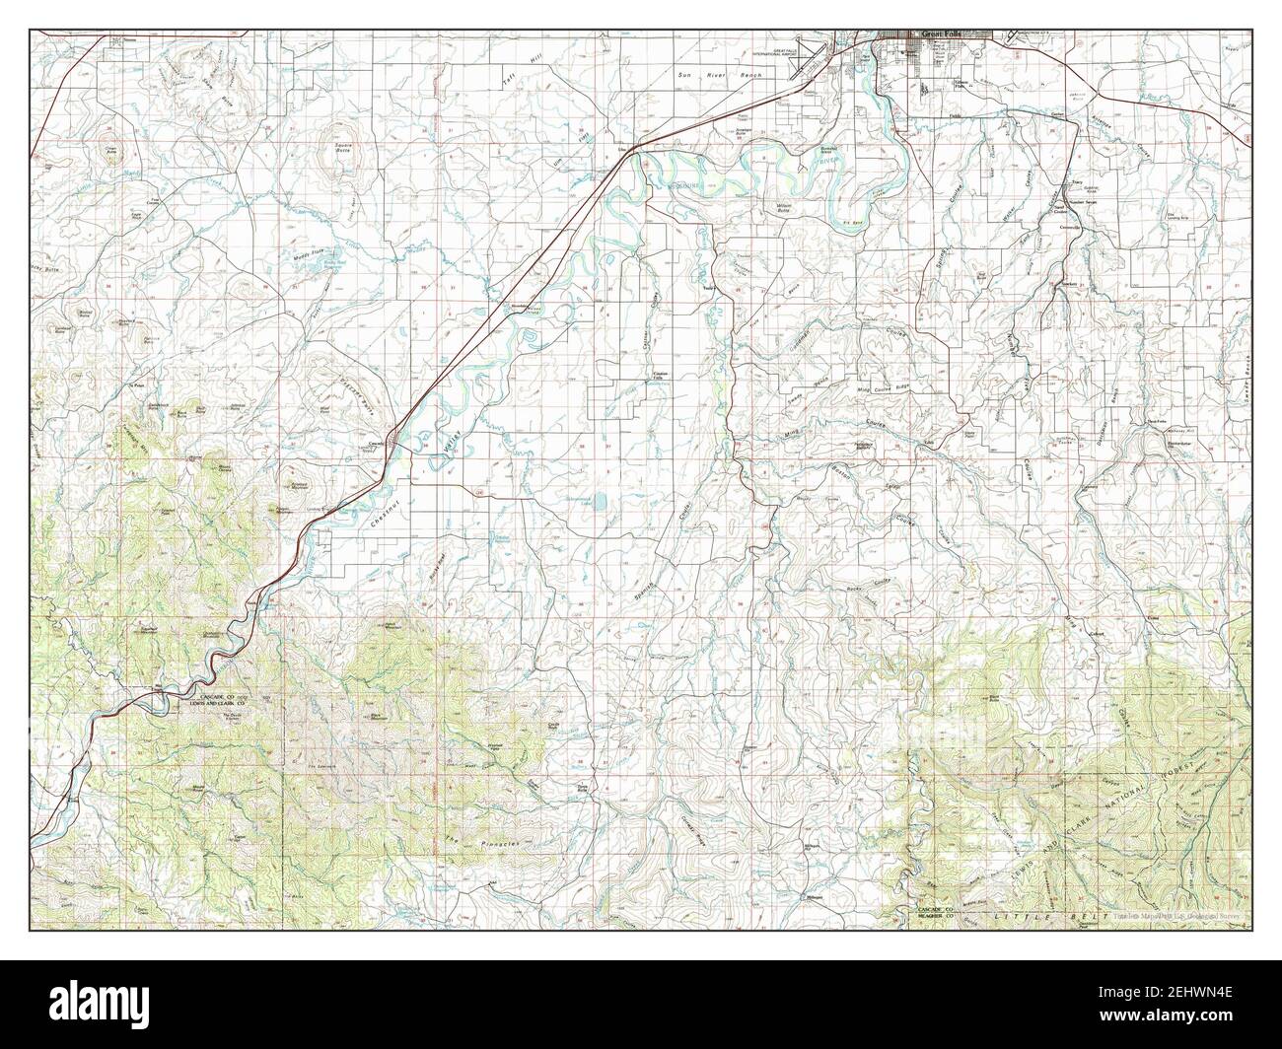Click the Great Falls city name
pyautogui.click(x=938, y=35)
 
